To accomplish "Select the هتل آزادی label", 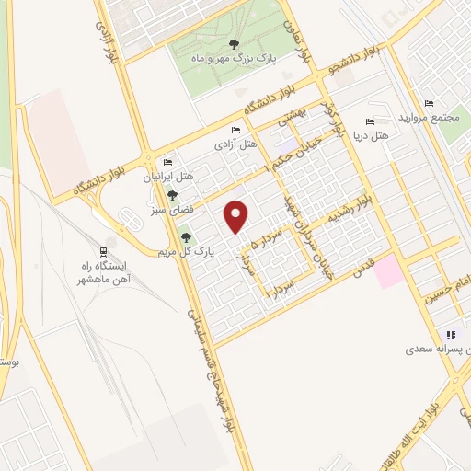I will tap(234, 144).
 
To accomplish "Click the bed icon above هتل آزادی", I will tap(235, 131).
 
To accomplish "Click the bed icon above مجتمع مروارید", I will tap(429, 103).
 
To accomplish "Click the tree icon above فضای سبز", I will tap(172, 195).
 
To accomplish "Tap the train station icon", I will tap(103, 250).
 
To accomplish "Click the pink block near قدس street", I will tap(387, 270).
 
